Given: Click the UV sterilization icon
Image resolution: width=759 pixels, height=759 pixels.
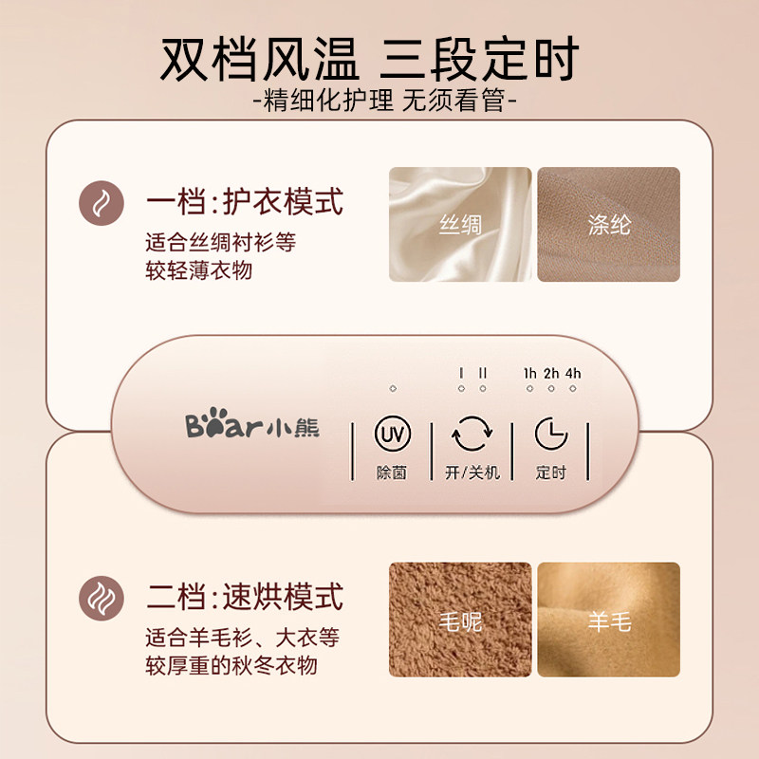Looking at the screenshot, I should (x=391, y=435).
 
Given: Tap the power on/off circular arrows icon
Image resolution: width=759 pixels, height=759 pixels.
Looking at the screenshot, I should (x=472, y=435).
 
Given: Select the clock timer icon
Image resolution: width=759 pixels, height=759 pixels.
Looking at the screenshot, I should (x=550, y=435).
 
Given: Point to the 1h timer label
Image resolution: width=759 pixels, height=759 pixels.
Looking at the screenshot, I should (x=530, y=373).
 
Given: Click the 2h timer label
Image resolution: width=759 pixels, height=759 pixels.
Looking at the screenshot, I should (x=551, y=373).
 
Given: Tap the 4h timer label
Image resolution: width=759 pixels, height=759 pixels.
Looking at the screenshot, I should (x=572, y=373).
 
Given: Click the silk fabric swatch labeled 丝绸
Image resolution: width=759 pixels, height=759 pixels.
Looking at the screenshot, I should (x=460, y=225).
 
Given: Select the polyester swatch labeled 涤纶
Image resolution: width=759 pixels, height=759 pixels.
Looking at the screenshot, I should (x=608, y=225).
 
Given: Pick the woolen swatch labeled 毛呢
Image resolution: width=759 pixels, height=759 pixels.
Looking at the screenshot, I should (x=460, y=620).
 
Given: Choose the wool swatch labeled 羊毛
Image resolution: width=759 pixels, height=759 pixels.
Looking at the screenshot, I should (x=608, y=620).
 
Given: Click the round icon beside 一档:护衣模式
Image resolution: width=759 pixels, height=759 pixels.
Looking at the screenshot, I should (x=100, y=201).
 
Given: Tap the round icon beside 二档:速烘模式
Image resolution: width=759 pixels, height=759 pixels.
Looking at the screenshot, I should (x=100, y=598).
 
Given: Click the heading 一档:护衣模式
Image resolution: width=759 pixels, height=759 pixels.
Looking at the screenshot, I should (x=244, y=201).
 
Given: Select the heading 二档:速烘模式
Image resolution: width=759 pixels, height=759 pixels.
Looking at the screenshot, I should (x=244, y=598).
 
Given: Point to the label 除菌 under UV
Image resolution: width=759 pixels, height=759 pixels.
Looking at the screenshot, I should (x=391, y=472).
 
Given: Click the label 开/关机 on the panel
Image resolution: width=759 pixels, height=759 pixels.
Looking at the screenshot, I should (x=472, y=472).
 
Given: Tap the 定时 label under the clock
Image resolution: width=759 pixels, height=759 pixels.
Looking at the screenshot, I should (x=550, y=472).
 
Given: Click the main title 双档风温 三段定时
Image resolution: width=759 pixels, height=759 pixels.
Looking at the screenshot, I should (x=379, y=59).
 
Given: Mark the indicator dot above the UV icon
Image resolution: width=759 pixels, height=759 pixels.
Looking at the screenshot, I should (x=392, y=389).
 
